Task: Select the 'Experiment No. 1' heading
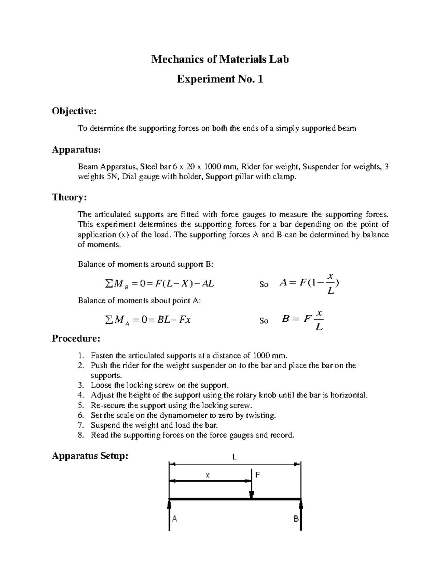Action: pyautogui.click(x=220, y=79)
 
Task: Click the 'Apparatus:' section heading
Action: pyautogui.click(x=76, y=150)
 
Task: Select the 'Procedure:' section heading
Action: pyautogui.click(x=76, y=338)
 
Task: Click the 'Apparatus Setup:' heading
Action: pyautogui.click(x=90, y=456)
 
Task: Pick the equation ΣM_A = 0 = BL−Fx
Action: pyautogui.click(x=148, y=320)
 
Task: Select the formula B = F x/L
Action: pyautogui.click(x=302, y=320)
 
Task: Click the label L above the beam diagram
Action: pyautogui.click(x=234, y=457)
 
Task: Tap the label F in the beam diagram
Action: pyautogui.click(x=257, y=475)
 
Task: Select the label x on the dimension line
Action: pyautogui.click(x=208, y=475)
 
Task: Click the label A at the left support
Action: pyautogui.click(x=175, y=519)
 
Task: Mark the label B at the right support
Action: pyautogui.click(x=296, y=519)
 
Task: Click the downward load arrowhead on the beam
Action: pyautogui.click(x=251, y=495)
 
